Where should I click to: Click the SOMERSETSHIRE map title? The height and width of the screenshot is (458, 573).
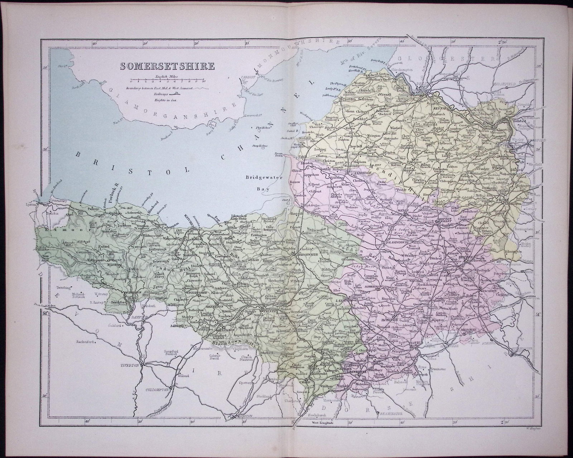pos(167,66)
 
